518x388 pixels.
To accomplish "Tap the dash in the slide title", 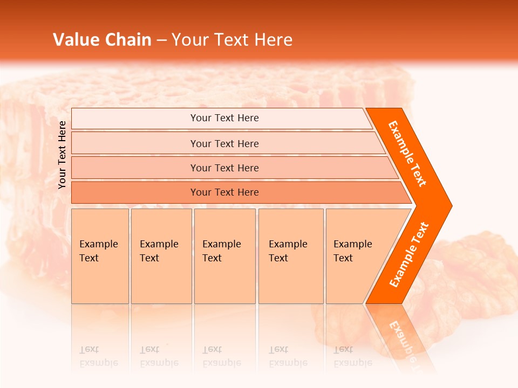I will (x=162, y=40).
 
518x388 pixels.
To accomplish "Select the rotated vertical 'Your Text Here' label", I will (x=62, y=155).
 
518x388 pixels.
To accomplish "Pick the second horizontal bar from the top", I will (x=224, y=143).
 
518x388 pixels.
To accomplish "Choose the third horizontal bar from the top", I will (x=224, y=168).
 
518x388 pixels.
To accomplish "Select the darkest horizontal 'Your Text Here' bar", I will (x=224, y=192).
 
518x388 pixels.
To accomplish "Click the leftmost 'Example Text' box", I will (x=100, y=255).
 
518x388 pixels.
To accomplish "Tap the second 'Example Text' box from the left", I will (x=161, y=255).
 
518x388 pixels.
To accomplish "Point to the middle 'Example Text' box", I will (x=224, y=255).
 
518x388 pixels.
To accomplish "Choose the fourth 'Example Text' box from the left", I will (x=290, y=255).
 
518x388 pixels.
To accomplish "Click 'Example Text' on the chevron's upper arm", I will (x=407, y=154).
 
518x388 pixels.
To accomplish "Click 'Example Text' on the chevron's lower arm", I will (x=409, y=254).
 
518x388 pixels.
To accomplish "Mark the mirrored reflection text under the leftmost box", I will (x=98, y=356).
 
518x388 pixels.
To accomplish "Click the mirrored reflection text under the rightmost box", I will (x=352, y=356).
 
